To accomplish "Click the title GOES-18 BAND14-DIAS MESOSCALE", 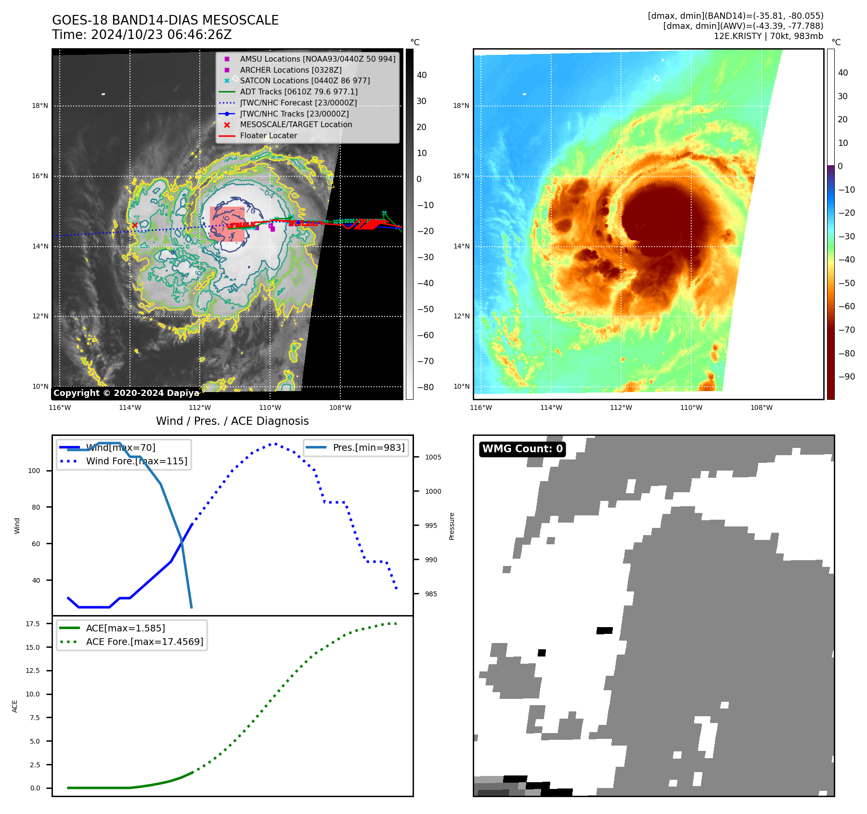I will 165,20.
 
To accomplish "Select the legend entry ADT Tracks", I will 298,92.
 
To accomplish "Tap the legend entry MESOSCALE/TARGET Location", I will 296,124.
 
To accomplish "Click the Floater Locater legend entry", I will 268,135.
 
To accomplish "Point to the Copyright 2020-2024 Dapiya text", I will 126,393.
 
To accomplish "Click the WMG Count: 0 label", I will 522,449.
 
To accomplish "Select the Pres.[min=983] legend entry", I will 368,447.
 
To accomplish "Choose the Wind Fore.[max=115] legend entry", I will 136,461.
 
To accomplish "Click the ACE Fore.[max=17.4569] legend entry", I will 144,642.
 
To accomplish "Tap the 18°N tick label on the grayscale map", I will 40,106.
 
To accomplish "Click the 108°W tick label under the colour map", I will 761,407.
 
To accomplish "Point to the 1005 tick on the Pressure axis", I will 433,457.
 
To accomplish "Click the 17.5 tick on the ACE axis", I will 33,624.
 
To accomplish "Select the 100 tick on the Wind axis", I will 34,471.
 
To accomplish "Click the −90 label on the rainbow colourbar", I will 846,377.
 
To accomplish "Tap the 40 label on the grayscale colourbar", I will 422,75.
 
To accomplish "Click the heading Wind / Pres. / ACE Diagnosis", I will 232,421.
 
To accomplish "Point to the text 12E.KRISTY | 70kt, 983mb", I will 768,36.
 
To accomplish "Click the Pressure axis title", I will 452,526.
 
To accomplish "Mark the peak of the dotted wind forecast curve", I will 274,444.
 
